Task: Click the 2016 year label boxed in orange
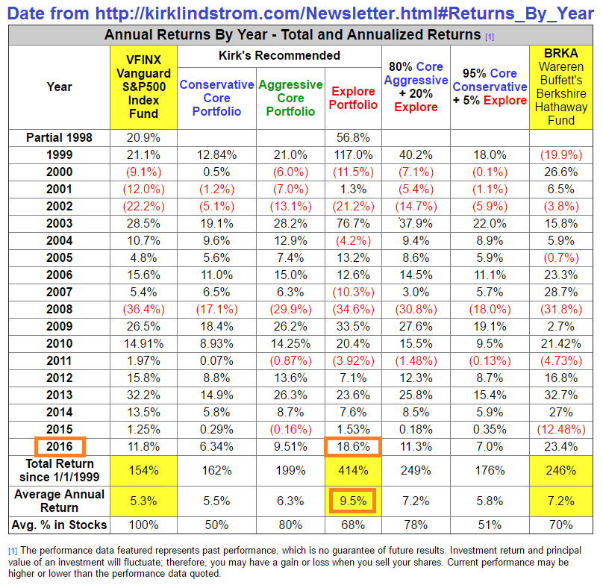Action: [x=60, y=447]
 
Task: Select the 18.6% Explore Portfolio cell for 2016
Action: [x=354, y=447]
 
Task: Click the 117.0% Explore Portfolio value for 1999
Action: [x=354, y=154]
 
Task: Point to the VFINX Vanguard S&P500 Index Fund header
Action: [x=143, y=87]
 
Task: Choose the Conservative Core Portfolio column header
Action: [x=216, y=98]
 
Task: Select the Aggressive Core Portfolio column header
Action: [x=290, y=98]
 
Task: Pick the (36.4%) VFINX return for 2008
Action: [x=143, y=309]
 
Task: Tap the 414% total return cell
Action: [x=354, y=471]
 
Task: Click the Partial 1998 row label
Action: [x=60, y=137]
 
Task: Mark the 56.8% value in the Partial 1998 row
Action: [x=354, y=137]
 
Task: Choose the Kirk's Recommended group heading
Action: [x=279, y=55]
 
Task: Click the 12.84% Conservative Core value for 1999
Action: [x=216, y=154]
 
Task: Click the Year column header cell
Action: [x=60, y=87]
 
